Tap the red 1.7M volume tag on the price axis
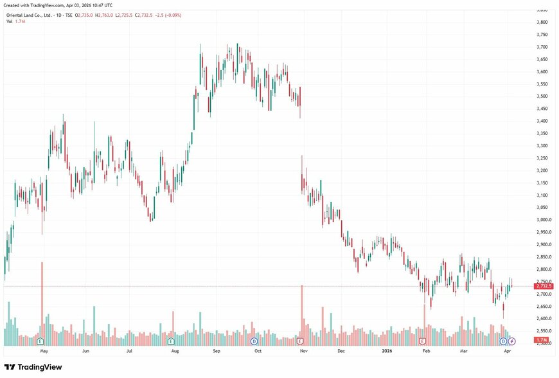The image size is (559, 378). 542,339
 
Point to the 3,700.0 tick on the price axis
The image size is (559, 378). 543,47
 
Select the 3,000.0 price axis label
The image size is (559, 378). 543,219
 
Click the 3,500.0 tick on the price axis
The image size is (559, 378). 543,96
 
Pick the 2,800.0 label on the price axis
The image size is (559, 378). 543,269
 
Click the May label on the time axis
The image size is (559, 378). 44,352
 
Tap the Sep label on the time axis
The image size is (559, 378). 217,352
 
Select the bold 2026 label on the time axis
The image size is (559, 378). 387,352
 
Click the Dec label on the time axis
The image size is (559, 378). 341,352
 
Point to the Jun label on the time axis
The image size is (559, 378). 86,352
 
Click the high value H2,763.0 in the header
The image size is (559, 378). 104,14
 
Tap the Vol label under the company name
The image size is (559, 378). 10,21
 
